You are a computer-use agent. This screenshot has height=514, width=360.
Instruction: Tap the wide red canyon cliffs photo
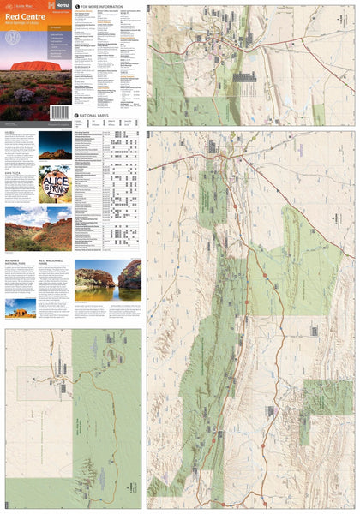coord(38,228)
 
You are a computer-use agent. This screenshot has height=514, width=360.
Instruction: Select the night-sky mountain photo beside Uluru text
coord(55,146)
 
